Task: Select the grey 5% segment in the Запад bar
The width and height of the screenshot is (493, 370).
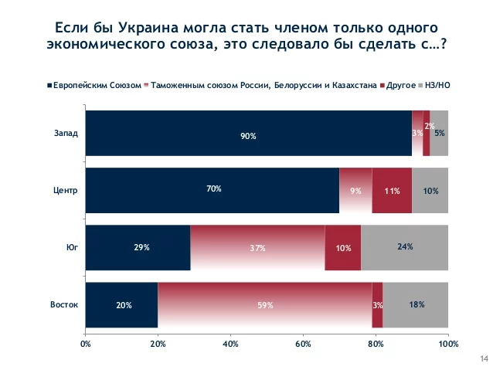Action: pyautogui.click(x=439, y=133)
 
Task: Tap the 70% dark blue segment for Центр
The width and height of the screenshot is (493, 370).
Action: pyautogui.click(x=212, y=189)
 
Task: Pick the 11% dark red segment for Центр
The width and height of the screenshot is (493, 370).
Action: pyautogui.click(x=391, y=189)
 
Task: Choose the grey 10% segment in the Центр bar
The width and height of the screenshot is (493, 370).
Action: pyautogui.click(x=430, y=189)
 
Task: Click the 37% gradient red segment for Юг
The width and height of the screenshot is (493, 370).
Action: pyautogui.click(x=257, y=248)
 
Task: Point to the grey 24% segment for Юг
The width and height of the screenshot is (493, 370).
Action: pyautogui.click(x=404, y=248)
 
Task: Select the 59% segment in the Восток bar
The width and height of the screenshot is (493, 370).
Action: pyautogui.click(x=264, y=304)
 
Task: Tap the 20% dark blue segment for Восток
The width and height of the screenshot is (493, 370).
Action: pyautogui.click(x=121, y=304)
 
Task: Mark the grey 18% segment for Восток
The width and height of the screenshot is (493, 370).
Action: pyautogui.click(x=415, y=304)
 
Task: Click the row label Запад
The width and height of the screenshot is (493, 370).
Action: pyautogui.click(x=66, y=132)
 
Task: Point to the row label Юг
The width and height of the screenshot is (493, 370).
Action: pyautogui.click(x=72, y=247)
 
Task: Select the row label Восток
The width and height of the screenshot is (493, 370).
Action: pyautogui.click(x=64, y=304)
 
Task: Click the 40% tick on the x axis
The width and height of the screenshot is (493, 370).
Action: pyautogui.click(x=230, y=342)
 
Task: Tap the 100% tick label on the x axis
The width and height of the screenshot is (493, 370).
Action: pyautogui.click(x=448, y=342)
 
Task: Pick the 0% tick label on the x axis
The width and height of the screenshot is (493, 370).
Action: pyautogui.click(x=86, y=342)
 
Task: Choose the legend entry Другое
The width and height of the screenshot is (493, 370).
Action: pyautogui.click(x=398, y=85)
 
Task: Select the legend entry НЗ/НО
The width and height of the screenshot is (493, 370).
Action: pyautogui.click(x=437, y=85)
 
